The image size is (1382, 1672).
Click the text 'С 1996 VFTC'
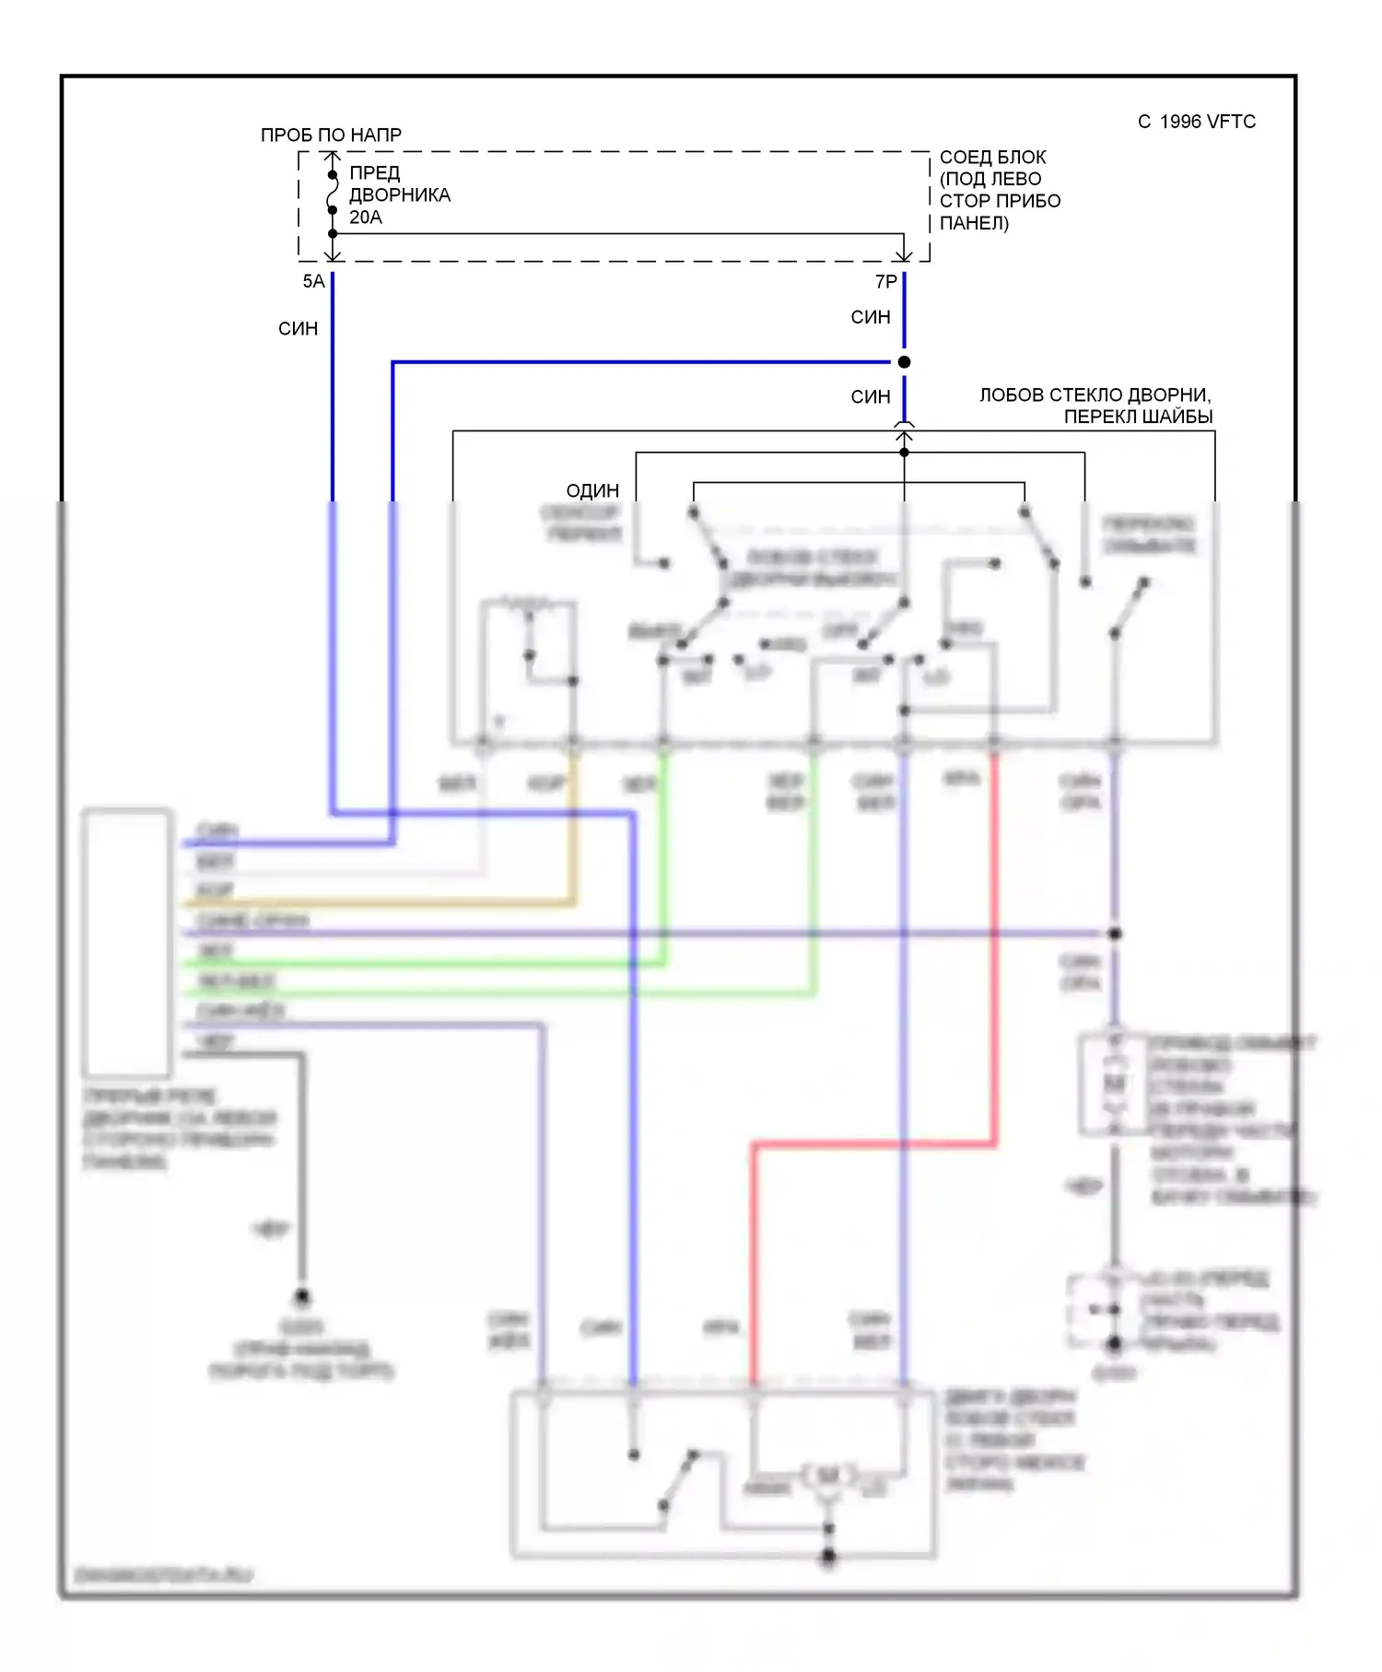pyautogui.click(x=1196, y=122)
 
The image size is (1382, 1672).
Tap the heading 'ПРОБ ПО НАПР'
pyautogui.click(x=331, y=135)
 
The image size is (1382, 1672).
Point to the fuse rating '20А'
pyautogui.click(x=365, y=218)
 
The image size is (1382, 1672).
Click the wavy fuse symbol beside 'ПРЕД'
pyautogui.click(x=333, y=193)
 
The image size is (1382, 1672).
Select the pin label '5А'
pyautogui.click(x=313, y=281)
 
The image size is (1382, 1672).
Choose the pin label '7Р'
pyautogui.click(x=885, y=281)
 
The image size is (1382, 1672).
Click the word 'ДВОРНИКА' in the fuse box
pyautogui.click(x=400, y=195)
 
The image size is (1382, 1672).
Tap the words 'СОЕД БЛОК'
pyautogui.click(x=992, y=157)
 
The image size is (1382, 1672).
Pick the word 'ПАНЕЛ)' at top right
pyautogui.click(x=974, y=223)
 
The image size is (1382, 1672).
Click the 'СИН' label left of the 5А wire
pyautogui.click(x=298, y=329)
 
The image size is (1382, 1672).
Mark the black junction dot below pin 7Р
pyautogui.click(x=904, y=362)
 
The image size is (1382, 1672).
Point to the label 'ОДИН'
pyautogui.click(x=592, y=490)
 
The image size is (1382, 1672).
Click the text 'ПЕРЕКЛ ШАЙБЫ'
pyautogui.click(x=1138, y=417)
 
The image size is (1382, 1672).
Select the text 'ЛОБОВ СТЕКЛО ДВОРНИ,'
pyautogui.click(x=1095, y=394)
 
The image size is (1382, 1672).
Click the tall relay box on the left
pyautogui.click(x=127, y=942)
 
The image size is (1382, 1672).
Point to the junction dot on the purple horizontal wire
pyautogui.click(x=1114, y=934)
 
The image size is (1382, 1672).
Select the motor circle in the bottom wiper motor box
pyautogui.click(x=828, y=1476)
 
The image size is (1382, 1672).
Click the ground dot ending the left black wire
pyautogui.click(x=301, y=1297)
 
